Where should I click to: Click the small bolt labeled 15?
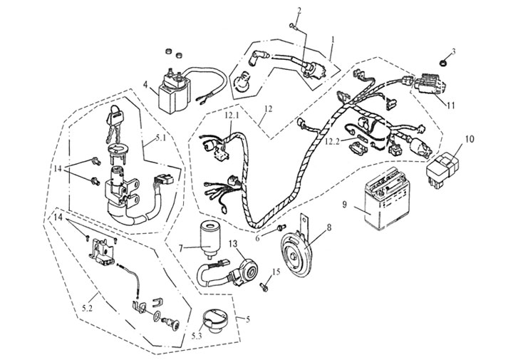point(263,286)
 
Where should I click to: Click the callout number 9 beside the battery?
point(344,205)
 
